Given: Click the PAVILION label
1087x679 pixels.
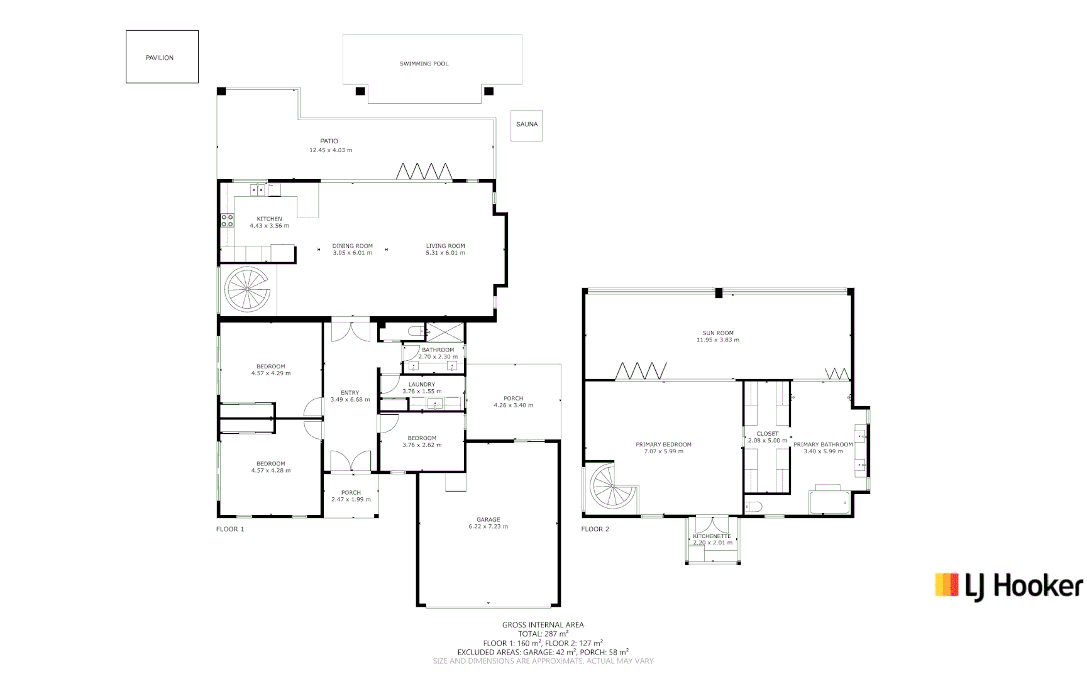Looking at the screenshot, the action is click(x=160, y=58).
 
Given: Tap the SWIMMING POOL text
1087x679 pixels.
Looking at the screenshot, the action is click(x=424, y=63).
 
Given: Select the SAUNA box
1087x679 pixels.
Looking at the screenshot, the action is click(x=526, y=126).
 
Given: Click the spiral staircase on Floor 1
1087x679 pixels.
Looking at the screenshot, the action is click(x=247, y=289).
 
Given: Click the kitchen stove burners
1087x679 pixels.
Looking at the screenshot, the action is click(x=227, y=221).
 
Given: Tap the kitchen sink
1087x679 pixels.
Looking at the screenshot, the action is click(x=257, y=189).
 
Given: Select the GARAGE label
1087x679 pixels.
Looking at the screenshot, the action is click(x=488, y=520).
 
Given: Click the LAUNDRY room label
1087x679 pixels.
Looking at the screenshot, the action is click(x=422, y=385).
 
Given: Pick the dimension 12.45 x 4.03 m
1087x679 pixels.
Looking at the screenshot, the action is click(x=331, y=150).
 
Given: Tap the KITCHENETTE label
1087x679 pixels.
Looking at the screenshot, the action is click(x=712, y=536).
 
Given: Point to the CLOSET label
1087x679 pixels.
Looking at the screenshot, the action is click(x=768, y=434).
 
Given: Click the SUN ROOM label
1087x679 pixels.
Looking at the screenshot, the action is click(x=718, y=333).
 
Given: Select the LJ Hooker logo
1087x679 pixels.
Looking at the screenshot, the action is click(x=1009, y=587).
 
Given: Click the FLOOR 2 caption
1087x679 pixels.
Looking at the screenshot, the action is click(x=595, y=529).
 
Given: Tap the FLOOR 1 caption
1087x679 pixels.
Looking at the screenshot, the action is click(x=230, y=529).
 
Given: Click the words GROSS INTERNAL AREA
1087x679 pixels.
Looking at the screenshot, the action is click(x=543, y=625).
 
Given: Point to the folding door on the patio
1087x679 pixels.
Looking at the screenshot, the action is click(x=424, y=171).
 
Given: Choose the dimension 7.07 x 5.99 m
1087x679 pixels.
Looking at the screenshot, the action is click(x=663, y=451).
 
